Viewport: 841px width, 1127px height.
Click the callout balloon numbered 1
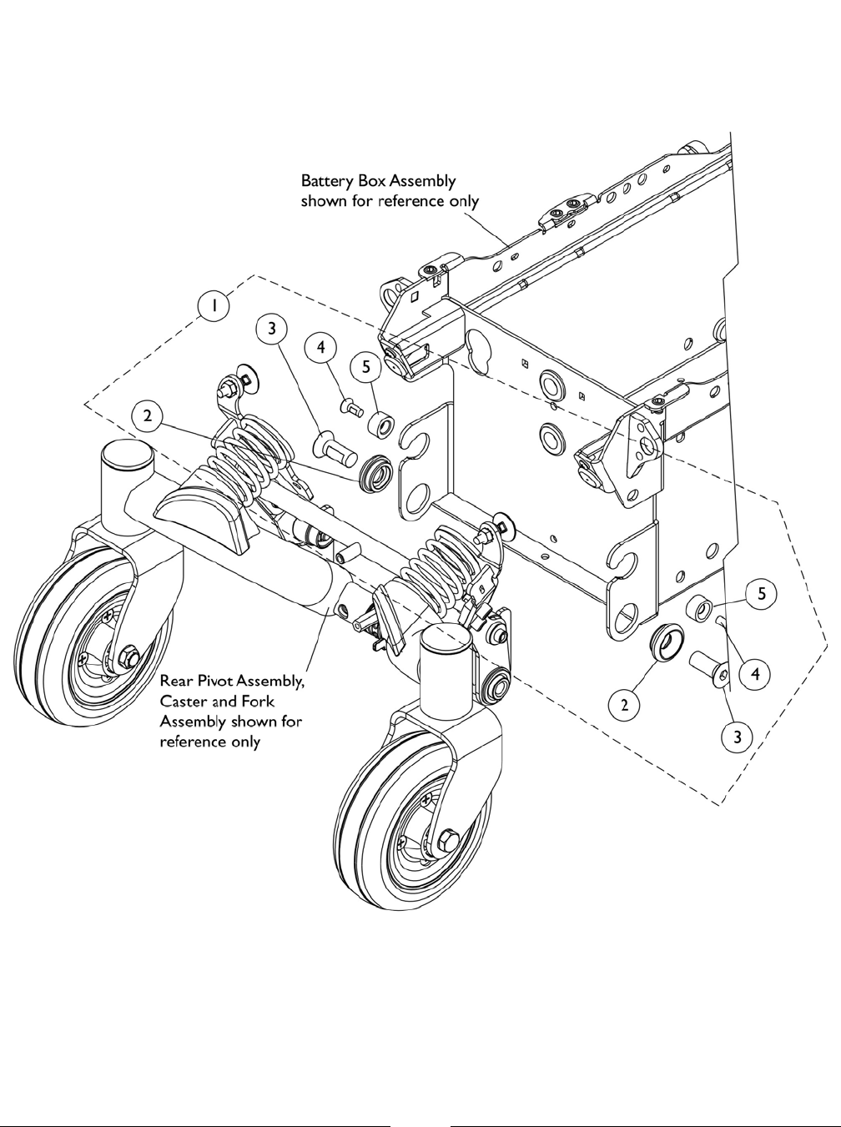tap(214, 306)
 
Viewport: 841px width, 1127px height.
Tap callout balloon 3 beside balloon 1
tap(270, 328)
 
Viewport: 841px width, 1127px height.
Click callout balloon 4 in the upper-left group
tap(320, 346)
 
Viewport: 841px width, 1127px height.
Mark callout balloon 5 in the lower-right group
tap(760, 595)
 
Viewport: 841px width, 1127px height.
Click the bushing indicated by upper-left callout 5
tap(382, 422)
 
